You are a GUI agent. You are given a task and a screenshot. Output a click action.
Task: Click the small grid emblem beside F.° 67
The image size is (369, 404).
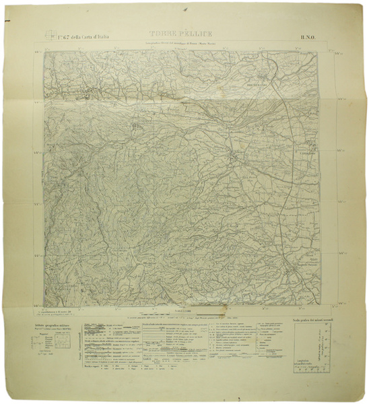48,35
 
